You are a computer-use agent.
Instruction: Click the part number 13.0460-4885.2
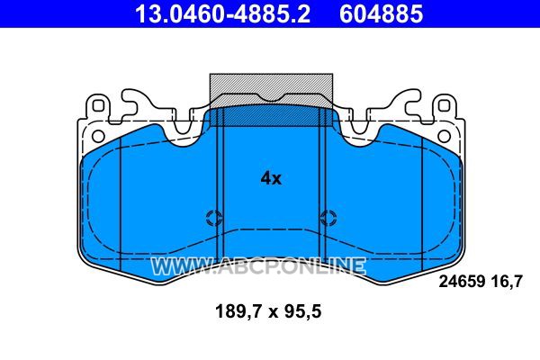(222, 13)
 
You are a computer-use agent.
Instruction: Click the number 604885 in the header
(382, 13)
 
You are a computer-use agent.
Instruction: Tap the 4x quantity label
(271, 178)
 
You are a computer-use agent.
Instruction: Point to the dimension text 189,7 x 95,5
(268, 311)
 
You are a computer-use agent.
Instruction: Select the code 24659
(462, 282)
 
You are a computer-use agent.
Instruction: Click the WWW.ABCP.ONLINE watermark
(258, 266)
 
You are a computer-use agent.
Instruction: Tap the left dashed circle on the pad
(214, 218)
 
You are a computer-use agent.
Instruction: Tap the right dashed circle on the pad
(328, 218)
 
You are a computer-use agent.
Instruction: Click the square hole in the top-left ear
(98, 105)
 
